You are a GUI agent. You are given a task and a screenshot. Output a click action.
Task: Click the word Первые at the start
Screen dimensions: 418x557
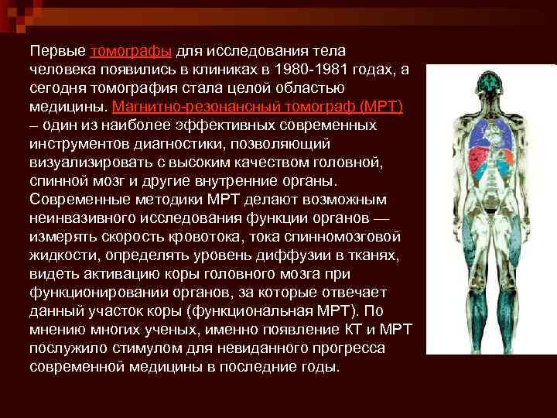click(58, 51)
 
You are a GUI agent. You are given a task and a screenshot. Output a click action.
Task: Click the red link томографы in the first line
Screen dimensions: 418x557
click(131, 51)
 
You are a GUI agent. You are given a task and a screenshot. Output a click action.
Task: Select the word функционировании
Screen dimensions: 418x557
click(98, 292)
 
